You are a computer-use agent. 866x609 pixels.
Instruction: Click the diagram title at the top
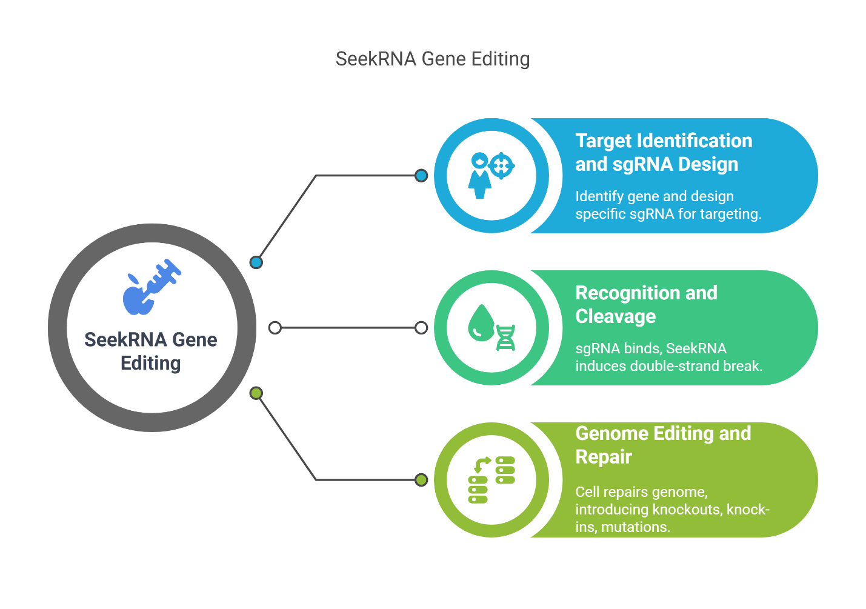tap(433, 59)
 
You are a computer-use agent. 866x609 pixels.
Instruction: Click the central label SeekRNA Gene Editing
tap(151, 351)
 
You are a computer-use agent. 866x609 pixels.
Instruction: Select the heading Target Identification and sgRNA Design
tap(663, 152)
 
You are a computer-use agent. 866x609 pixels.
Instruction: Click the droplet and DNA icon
tap(491, 328)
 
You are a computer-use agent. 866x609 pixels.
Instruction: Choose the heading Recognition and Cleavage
tap(646, 304)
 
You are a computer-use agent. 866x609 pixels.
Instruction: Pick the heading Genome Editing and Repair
tap(663, 445)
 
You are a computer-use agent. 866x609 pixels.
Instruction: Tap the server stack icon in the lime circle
tap(491, 480)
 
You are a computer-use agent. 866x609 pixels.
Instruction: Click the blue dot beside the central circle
tap(256, 262)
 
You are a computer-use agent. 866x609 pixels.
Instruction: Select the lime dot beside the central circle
tap(256, 393)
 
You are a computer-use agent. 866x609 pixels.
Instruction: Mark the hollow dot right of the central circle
tap(275, 328)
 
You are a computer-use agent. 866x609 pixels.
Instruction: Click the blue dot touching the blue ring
tap(421, 176)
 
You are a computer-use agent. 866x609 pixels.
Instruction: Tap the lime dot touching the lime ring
tap(421, 480)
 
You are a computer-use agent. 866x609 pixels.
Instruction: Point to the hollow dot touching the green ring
tap(421, 328)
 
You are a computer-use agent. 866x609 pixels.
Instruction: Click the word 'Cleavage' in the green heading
tap(616, 316)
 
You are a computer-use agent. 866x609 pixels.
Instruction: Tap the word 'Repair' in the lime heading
tap(604, 457)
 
